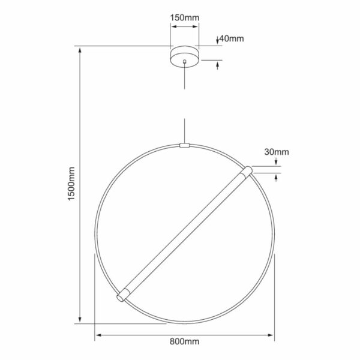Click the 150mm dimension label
pyautogui.click(x=185, y=17)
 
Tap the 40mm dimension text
pyautogui.click(x=232, y=38)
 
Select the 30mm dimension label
pyautogui.click(x=277, y=152)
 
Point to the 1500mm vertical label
pyautogui.click(x=71, y=184)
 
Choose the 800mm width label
pyautogui.click(x=184, y=341)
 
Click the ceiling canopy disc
pyautogui.click(x=185, y=57)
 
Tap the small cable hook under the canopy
pyautogui.click(x=185, y=62)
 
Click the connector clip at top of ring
pyautogui.click(x=185, y=146)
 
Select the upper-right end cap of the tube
pyautogui.click(x=247, y=172)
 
